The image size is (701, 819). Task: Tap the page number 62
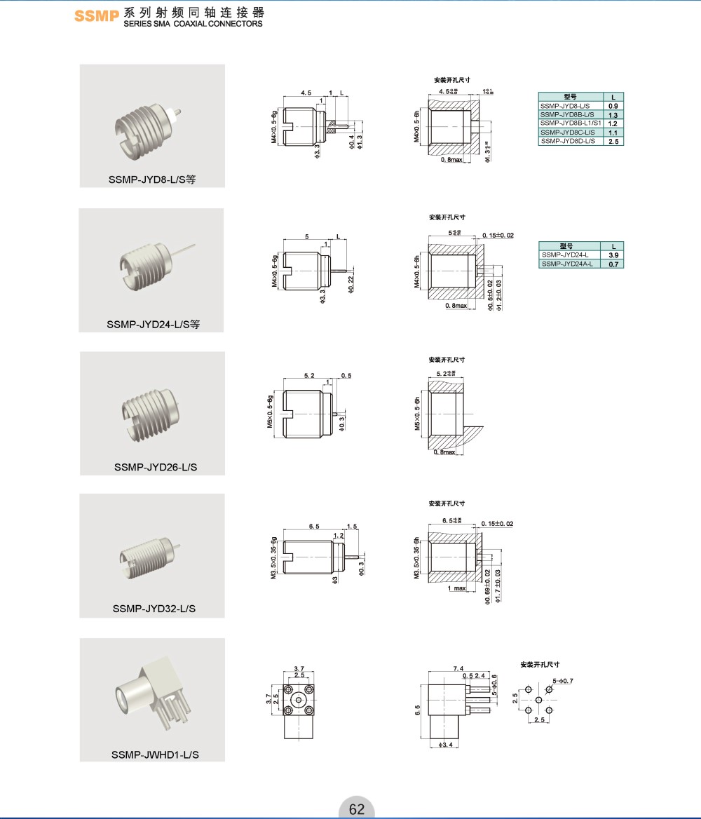coord(357,809)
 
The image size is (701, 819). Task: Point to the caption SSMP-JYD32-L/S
coord(154,608)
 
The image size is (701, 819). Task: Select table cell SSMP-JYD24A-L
coord(566,264)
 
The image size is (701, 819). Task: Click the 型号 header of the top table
coord(570,97)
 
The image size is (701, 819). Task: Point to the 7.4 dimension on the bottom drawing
coord(458,669)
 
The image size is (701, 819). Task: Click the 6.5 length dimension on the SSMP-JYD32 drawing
coord(313,526)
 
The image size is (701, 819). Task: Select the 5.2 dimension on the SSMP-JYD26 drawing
coord(309,376)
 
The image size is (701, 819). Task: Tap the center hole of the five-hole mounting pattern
coord(538,700)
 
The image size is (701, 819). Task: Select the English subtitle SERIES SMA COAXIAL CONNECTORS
coord(193,24)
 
